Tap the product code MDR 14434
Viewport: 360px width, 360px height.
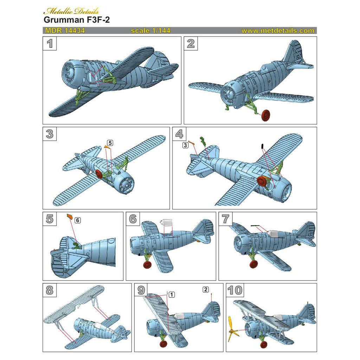65,31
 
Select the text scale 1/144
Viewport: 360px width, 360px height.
150,31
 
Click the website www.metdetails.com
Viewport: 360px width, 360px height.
278,31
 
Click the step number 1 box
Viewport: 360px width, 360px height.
50,44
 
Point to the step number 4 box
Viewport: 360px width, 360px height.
179,134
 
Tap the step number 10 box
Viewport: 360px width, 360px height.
235,290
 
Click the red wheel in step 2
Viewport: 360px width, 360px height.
266,115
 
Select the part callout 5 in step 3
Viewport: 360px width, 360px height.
110,143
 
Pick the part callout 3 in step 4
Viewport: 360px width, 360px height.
185,145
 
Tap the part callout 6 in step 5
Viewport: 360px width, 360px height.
78,220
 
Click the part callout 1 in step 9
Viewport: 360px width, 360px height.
171,294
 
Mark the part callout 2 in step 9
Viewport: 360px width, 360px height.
206,290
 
